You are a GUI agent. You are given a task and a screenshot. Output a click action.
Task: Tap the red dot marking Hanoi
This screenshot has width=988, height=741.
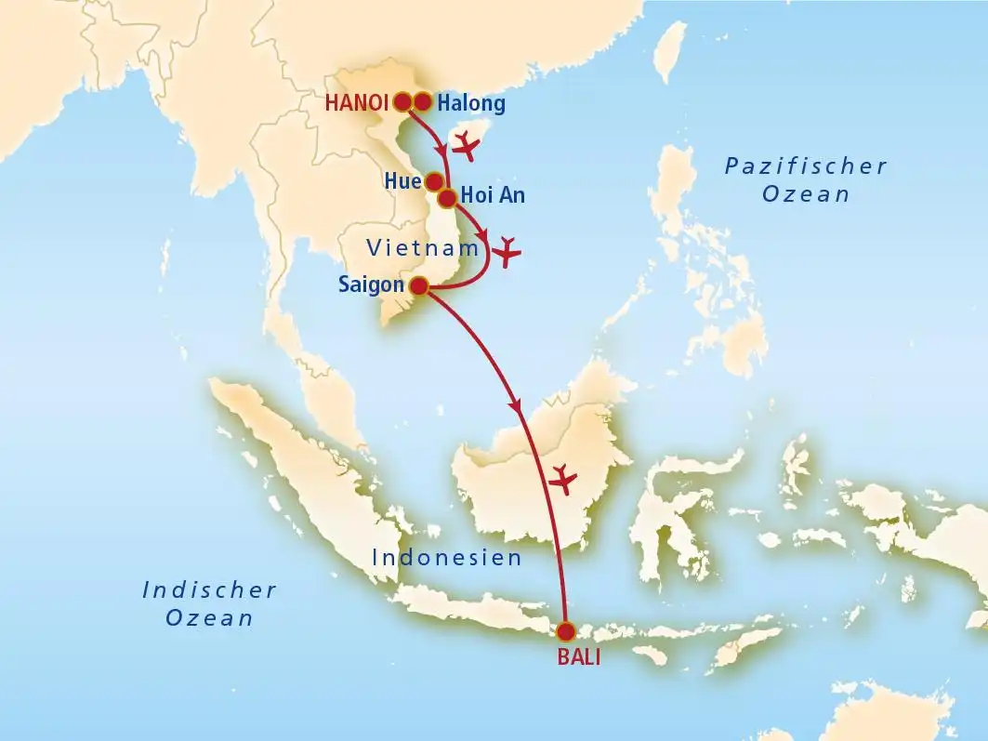(403, 101)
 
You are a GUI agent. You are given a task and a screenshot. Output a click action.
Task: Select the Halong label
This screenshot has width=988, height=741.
(471, 103)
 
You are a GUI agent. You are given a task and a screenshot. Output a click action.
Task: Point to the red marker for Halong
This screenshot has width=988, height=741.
(423, 101)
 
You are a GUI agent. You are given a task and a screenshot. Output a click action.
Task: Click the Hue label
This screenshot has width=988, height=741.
(402, 181)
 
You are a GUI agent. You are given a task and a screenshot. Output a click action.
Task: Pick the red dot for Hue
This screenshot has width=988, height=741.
(434, 181)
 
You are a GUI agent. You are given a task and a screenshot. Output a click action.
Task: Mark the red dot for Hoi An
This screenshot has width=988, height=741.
(447, 197)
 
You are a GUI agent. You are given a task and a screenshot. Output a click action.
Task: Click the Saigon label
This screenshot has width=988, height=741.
(372, 285)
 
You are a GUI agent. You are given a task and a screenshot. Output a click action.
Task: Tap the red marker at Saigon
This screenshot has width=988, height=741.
(419, 285)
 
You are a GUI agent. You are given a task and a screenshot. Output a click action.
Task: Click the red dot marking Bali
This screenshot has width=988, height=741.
(565, 632)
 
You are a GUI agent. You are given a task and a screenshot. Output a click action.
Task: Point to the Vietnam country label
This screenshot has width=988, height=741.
(423, 248)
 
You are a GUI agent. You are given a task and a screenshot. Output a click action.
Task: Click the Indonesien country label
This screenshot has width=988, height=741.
(446, 558)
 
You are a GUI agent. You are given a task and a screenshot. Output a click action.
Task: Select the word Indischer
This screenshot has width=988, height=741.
(209, 589)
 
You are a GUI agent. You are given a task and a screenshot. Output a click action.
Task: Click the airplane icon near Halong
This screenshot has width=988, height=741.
(465, 145)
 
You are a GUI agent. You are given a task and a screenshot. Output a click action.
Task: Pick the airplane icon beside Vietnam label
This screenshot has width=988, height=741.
(507, 251)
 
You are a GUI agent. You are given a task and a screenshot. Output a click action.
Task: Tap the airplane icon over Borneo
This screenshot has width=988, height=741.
(563, 479)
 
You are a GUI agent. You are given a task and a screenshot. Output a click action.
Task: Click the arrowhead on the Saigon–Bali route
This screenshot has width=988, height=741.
(515, 406)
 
